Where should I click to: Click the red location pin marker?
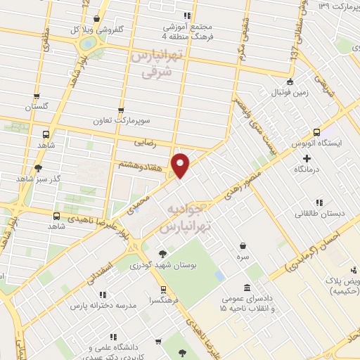(x=181, y=165)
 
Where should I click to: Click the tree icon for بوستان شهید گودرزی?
(x=162, y=254)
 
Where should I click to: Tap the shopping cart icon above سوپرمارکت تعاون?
(x=122, y=110)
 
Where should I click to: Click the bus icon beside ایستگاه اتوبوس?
(x=316, y=131)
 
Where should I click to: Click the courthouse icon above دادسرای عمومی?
(x=246, y=288)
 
